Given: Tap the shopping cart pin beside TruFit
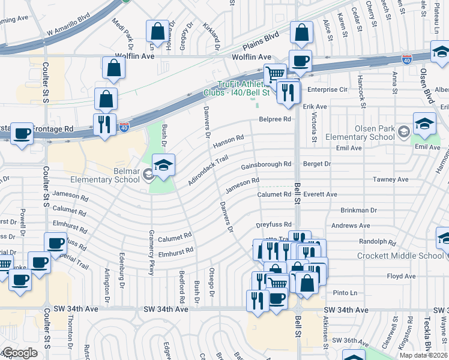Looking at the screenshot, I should pyautogui.click(x=275, y=74).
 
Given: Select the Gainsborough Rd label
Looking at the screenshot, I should pyautogui.click(x=266, y=165).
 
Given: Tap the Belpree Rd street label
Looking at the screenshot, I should pyautogui.click(x=275, y=119).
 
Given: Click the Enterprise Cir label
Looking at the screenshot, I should pyautogui.click(x=327, y=89).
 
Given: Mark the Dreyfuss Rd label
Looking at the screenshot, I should pyautogui.click(x=273, y=225).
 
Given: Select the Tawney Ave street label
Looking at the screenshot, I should pyautogui.click(x=390, y=179).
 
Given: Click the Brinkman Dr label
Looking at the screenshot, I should pyautogui.click(x=358, y=211).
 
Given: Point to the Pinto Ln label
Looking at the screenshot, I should pyautogui.click(x=345, y=293).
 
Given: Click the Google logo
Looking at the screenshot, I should pyautogui.click(x=20, y=353).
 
